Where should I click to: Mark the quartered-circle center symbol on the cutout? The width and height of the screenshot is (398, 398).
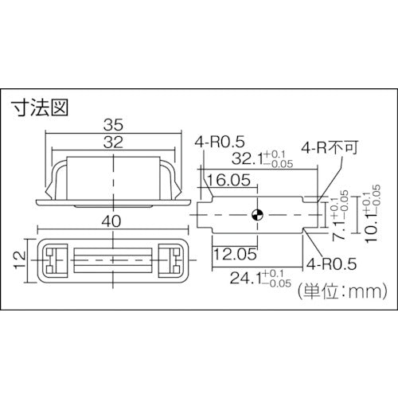[256, 214]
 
